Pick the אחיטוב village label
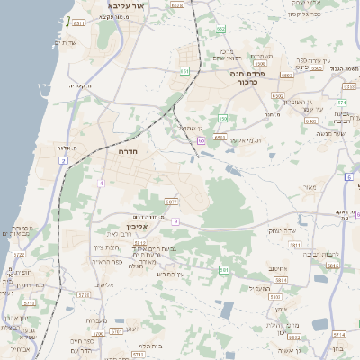pyautogui.click(x=277, y=266)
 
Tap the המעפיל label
pyautogui.click(x=258, y=288)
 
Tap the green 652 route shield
pyautogui.click(x=220, y=30)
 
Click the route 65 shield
pyautogui.click(x=202, y=140)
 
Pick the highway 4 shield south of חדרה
pyautogui.click(x=102, y=183)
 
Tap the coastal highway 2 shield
pyautogui.click(x=64, y=160)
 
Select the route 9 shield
pyautogui.click(x=176, y=220)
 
